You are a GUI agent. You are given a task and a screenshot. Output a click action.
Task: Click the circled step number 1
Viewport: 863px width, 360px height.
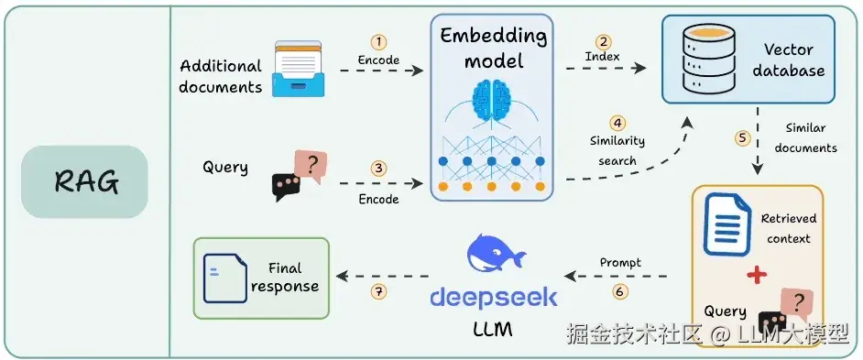[378, 42]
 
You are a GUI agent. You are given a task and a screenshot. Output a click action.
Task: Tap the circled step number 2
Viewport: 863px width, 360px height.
[603, 42]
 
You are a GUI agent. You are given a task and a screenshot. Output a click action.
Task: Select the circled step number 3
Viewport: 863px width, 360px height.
[378, 168]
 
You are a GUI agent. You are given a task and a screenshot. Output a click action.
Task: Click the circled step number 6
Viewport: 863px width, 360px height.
[620, 291]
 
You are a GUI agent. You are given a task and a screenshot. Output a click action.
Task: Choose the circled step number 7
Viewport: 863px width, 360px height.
[378, 291]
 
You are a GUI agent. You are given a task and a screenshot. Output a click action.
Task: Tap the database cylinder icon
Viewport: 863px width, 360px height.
[701, 59]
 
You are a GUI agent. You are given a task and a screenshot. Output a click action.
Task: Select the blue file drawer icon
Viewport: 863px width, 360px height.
[299, 69]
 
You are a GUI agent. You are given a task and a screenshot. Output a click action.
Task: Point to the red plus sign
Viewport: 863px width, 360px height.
[757, 274]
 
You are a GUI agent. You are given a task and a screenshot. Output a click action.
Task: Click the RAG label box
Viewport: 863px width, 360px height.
[84, 181]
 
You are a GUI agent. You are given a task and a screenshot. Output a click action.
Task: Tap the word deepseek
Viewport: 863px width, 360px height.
[493, 298]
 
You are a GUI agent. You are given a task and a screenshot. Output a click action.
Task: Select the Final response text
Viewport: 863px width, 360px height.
[285, 278]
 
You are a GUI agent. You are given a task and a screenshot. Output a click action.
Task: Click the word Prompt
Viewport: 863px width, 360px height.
[620, 263]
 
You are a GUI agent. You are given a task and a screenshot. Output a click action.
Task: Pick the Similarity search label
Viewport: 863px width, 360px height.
[617, 150]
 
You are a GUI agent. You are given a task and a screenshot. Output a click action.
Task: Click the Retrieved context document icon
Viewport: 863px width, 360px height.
[727, 224]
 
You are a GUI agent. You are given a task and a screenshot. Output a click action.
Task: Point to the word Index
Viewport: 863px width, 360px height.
[602, 57]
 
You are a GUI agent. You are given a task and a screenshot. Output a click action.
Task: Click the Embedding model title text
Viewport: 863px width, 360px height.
[494, 49]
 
